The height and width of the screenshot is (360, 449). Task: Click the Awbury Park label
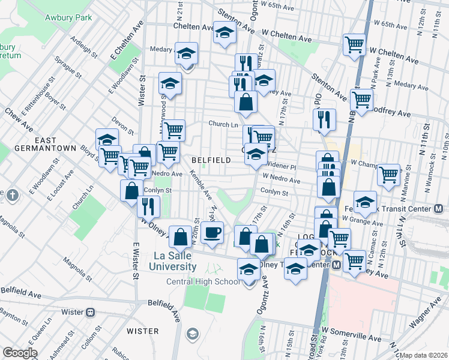tap(68, 17)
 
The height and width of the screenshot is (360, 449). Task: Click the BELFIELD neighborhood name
tap(211, 160)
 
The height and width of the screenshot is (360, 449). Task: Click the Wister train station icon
tap(91, 312)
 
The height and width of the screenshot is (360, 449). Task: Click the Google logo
tap(20, 353)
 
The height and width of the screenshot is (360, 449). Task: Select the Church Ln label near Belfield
tap(223, 124)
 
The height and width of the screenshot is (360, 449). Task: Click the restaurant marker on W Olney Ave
tap(148, 206)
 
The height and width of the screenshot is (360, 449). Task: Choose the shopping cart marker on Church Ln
tap(173, 129)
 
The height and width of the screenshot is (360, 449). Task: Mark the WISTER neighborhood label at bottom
tap(143, 331)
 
